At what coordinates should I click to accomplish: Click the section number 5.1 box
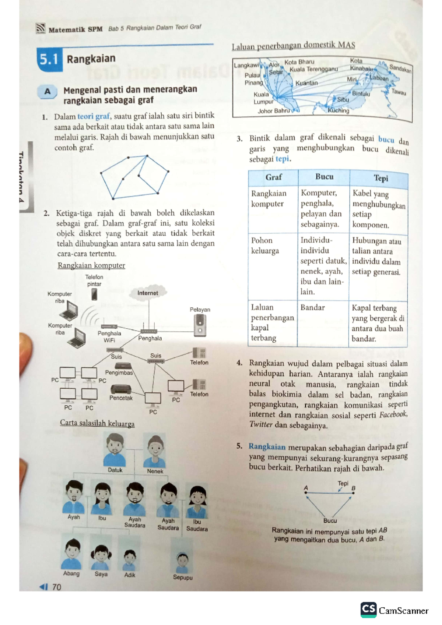pos(49,59)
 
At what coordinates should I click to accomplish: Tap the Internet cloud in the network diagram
pos(148,293)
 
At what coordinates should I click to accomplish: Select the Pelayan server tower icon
pos(200,325)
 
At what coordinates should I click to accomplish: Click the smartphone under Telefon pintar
pos(94,294)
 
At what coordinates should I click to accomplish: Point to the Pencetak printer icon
pos(121,389)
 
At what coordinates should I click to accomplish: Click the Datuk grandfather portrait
pos(115,450)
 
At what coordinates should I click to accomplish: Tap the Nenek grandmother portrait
pos(155,451)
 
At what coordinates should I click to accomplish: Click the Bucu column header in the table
pos(324,177)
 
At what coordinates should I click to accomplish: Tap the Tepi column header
pos(381,178)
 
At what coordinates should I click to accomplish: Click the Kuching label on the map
pos(338,110)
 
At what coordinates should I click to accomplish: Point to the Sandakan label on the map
pos(400,68)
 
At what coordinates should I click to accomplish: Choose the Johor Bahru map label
pos(274,111)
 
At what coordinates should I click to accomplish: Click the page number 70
pos(56,587)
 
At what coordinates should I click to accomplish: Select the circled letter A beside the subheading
pos(48,92)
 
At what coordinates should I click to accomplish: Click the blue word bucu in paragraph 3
pos(386,140)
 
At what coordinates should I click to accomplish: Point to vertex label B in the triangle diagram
pos(353,488)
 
